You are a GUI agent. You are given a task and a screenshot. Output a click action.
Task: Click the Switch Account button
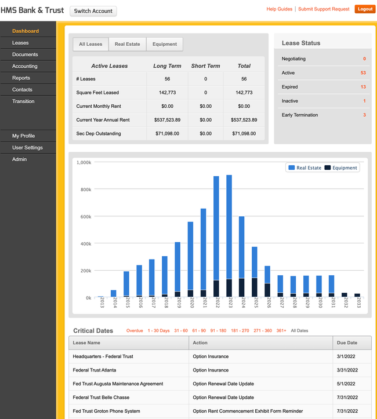[93, 11]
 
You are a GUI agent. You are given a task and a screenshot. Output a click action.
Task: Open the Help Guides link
[279, 9]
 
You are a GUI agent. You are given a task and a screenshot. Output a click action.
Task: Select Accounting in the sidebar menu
[25, 66]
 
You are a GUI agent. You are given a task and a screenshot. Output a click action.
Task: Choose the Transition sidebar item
[23, 101]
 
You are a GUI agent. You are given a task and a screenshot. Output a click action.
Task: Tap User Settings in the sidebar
[27, 148]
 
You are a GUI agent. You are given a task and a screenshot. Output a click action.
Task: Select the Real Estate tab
[127, 44]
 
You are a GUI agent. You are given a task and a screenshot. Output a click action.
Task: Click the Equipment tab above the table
[165, 44]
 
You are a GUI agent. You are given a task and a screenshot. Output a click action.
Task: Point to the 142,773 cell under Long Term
[167, 93]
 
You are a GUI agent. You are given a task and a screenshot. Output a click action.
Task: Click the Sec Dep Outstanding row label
[99, 133]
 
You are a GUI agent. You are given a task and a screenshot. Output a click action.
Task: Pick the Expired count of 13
[363, 87]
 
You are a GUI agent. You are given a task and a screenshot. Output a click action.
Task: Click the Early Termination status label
[300, 115]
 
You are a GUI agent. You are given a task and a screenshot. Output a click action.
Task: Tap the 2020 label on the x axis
[191, 304]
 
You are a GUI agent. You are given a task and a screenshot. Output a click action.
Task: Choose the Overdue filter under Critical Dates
[135, 331]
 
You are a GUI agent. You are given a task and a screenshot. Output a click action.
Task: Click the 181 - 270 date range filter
[240, 331]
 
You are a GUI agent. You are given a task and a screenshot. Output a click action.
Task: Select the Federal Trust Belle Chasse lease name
[101, 398]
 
